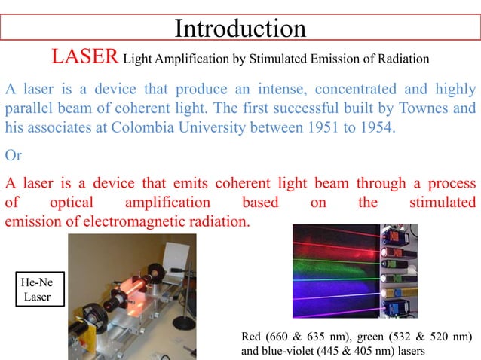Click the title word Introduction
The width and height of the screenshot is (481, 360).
click(240, 28)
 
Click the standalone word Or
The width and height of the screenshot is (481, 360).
click(14, 156)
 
